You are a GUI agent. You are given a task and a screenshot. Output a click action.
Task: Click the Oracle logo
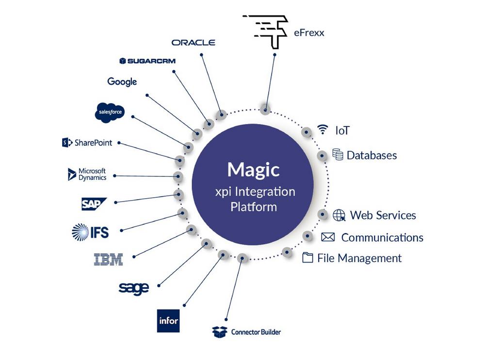click(x=194, y=42)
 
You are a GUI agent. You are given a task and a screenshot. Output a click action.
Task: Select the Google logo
click(x=122, y=81)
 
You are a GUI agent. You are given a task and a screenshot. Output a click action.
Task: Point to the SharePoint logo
click(x=87, y=142)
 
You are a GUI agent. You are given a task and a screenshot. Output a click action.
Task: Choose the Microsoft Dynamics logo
click(x=87, y=174)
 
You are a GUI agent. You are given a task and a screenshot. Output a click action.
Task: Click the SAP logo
click(x=93, y=204)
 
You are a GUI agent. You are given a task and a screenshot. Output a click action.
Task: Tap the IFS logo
click(x=90, y=232)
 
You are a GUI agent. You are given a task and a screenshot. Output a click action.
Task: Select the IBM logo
click(x=108, y=259)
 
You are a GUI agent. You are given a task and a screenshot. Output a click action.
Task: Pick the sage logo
click(x=133, y=288)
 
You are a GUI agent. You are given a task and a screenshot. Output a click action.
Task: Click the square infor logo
click(x=168, y=320)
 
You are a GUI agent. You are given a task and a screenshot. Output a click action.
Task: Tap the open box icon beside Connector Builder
click(x=220, y=332)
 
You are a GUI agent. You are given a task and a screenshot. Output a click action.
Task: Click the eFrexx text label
click(x=309, y=33)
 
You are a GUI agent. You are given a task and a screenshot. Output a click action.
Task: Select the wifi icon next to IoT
click(x=323, y=129)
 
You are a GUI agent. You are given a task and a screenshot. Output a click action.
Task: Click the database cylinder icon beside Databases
click(x=338, y=155)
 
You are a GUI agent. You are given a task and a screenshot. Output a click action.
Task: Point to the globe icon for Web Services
click(x=339, y=215)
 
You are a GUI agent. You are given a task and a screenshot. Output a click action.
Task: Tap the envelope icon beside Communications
click(x=328, y=237)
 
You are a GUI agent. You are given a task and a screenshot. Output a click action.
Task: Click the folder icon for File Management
click(x=307, y=257)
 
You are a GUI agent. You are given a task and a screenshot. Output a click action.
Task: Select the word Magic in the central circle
click(x=254, y=170)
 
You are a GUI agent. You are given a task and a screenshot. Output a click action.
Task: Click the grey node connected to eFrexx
click(x=265, y=109)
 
